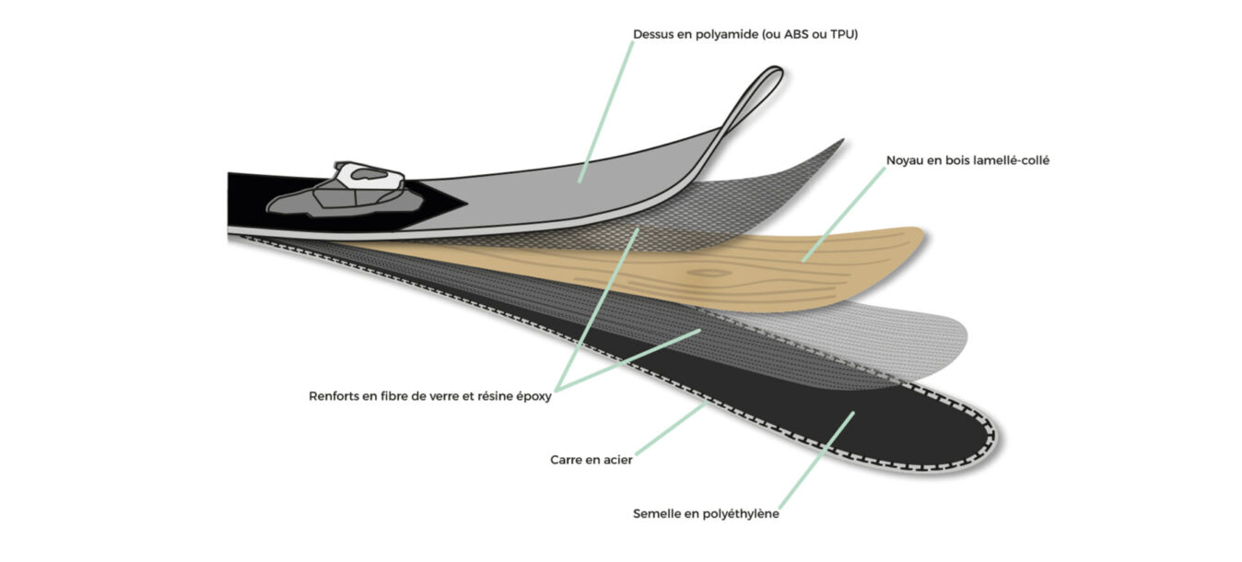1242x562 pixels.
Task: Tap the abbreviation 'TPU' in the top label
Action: click(844, 34)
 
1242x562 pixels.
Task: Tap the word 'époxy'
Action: click(534, 397)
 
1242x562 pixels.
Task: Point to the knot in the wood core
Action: click(709, 273)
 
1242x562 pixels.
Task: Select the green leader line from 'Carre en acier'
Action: click(671, 429)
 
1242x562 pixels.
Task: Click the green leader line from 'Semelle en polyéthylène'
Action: click(816, 460)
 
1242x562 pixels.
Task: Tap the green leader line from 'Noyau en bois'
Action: click(844, 215)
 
